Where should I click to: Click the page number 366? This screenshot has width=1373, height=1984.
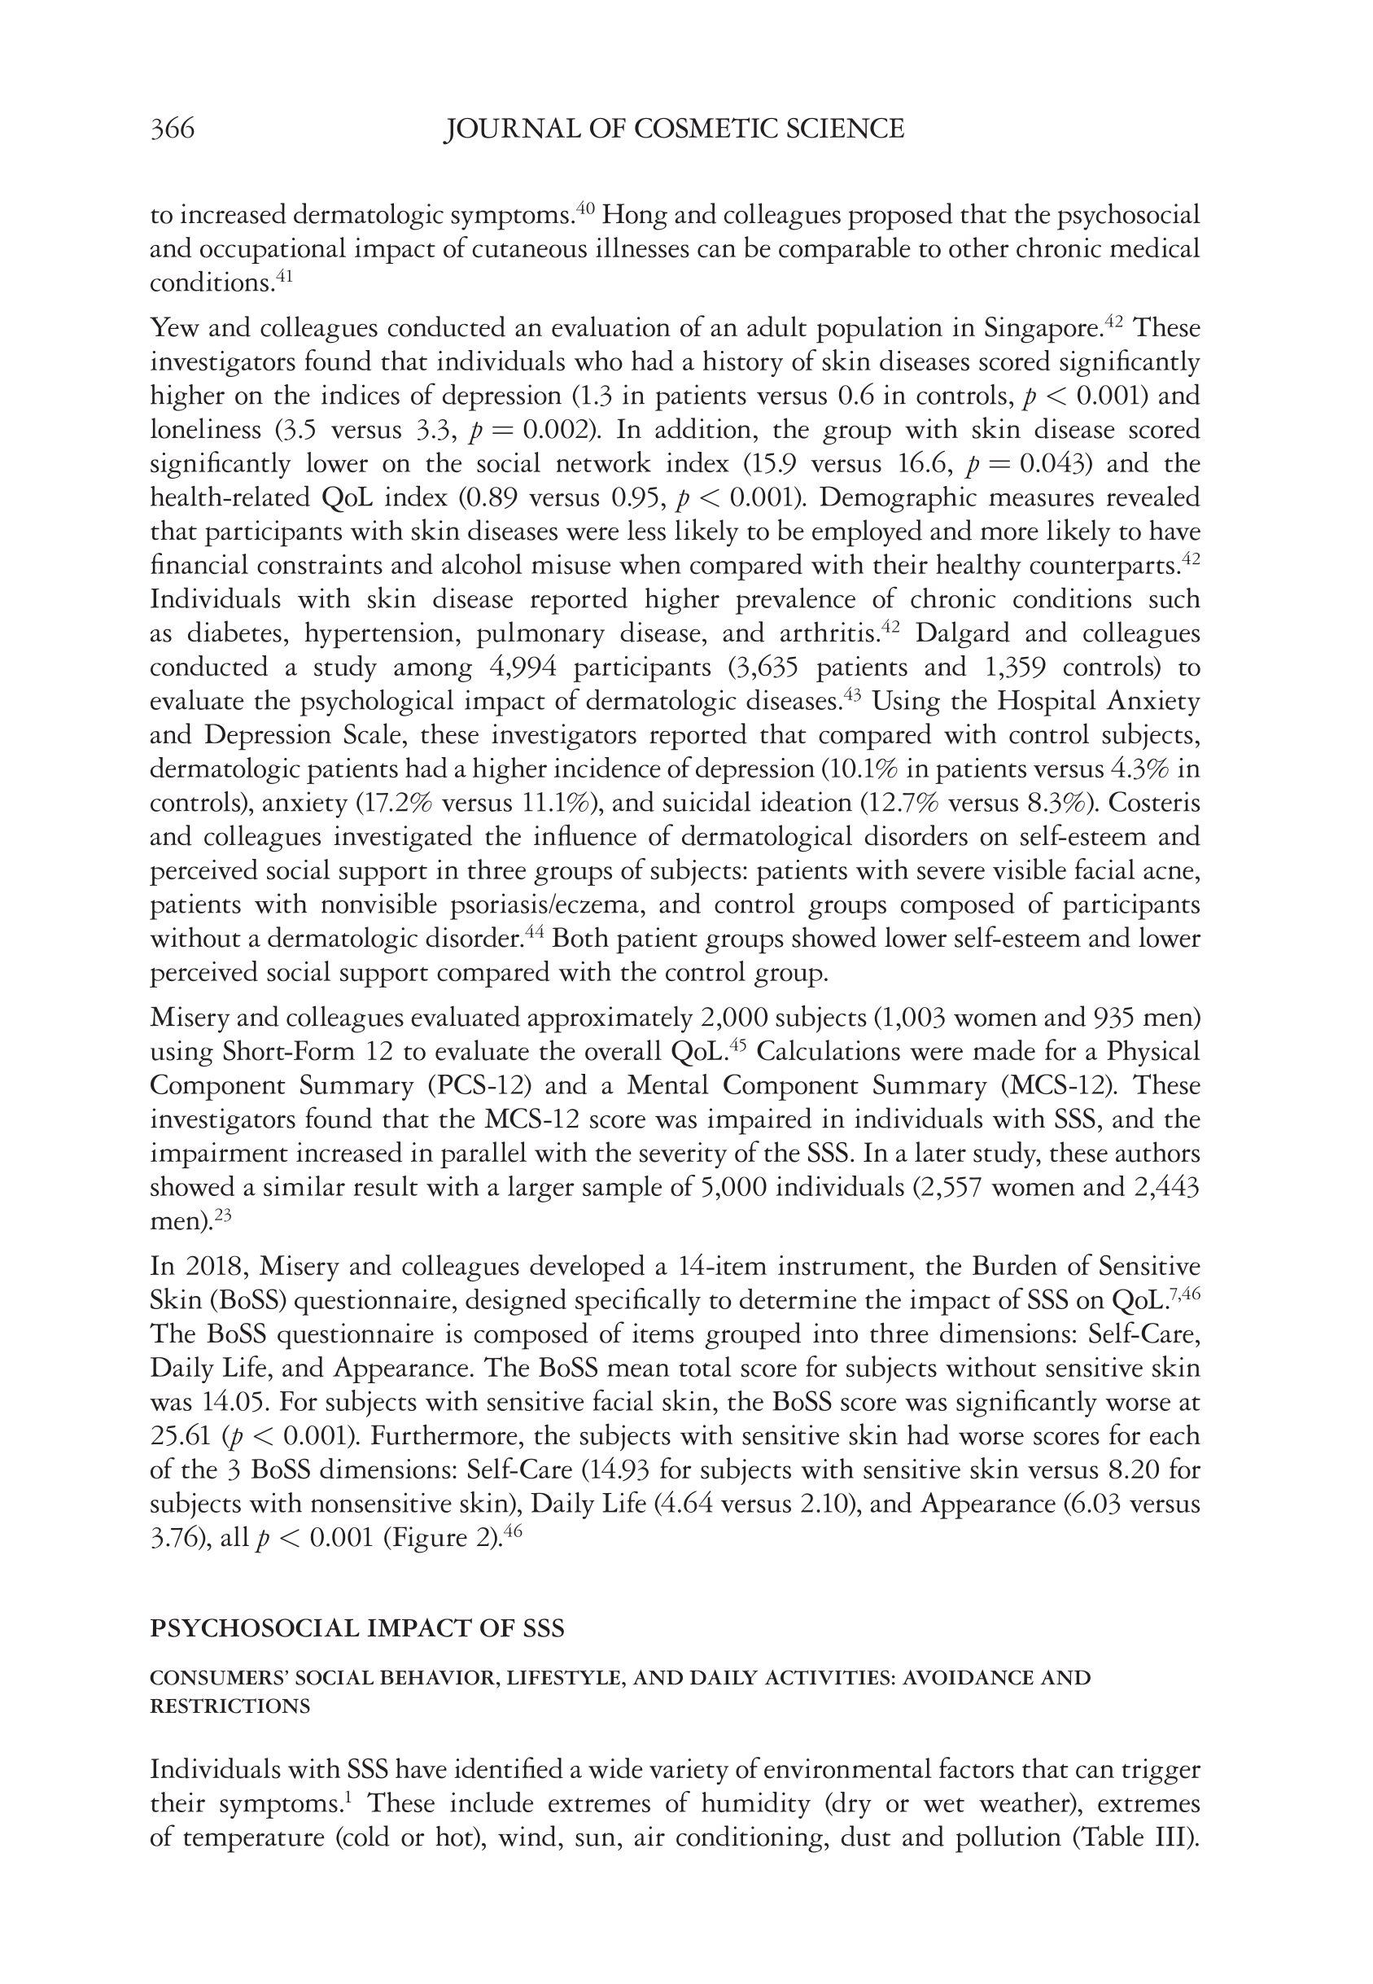tap(172, 129)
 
